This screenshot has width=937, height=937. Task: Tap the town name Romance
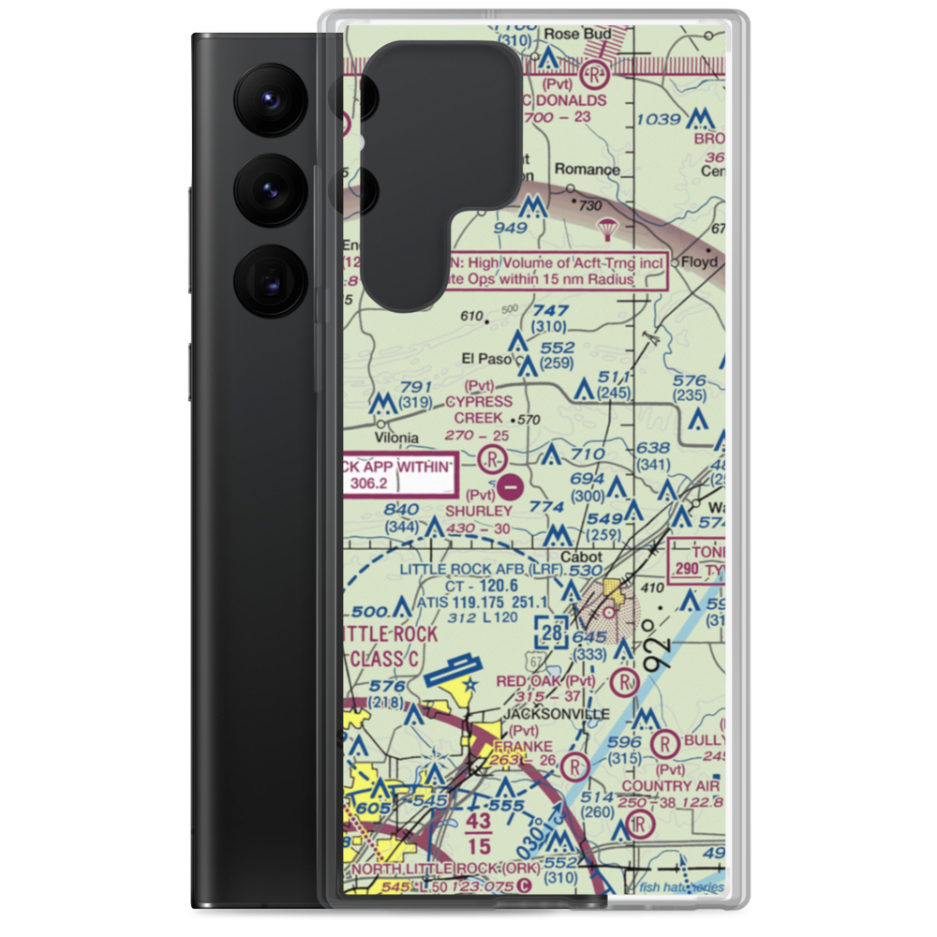587,170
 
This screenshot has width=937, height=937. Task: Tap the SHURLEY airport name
479,512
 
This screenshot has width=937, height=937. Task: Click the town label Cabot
582,556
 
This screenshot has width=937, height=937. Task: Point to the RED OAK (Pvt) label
546,681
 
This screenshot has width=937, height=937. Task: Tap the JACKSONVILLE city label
556,714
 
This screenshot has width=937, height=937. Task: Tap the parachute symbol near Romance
607,229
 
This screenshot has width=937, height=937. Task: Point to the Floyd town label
698,262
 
